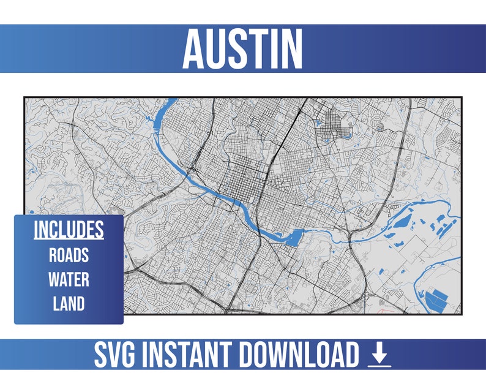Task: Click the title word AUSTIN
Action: click(242, 48)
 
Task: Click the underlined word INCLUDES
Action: click(69, 230)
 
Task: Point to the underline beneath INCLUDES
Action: click(69, 240)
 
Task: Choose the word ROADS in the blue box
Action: click(69, 255)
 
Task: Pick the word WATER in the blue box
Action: click(69, 280)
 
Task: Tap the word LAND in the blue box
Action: click(69, 304)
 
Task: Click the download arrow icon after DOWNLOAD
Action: click(379, 355)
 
